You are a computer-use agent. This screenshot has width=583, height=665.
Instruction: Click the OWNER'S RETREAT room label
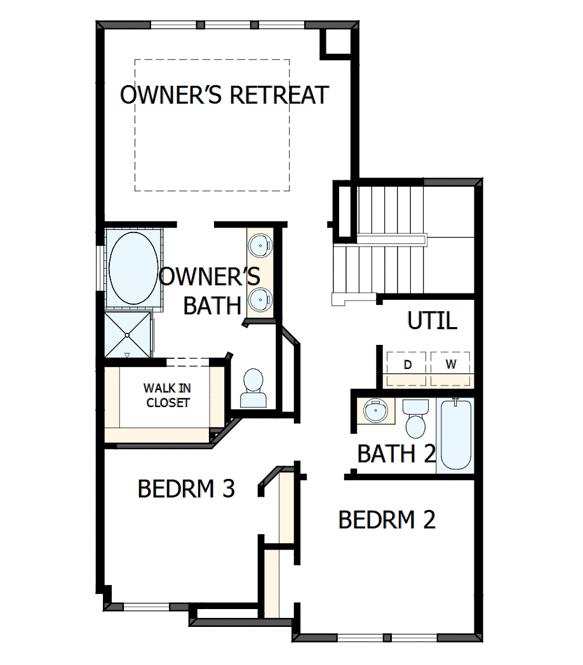[224, 95]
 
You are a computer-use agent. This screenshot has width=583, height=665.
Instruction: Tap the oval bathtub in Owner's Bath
[133, 267]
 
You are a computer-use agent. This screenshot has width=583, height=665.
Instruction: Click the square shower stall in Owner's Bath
[127, 334]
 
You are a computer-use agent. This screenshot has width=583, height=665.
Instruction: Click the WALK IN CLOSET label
[166, 395]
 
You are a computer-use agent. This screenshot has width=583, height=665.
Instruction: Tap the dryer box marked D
[408, 365]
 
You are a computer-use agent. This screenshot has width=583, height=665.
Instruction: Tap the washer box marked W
[450, 365]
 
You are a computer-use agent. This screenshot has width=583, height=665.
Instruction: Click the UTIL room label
[432, 321]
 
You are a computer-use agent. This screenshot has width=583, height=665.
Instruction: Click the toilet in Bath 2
[417, 419]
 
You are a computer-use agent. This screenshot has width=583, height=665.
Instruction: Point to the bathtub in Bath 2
[455, 434]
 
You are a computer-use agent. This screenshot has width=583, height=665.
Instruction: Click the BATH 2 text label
[396, 454]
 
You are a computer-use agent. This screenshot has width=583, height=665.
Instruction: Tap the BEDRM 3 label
[186, 488]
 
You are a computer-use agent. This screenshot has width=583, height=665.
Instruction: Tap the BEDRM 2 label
[387, 520]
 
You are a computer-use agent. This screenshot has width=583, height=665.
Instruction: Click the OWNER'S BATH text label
[210, 292]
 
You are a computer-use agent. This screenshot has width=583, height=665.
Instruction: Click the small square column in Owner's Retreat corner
[338, 41]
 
